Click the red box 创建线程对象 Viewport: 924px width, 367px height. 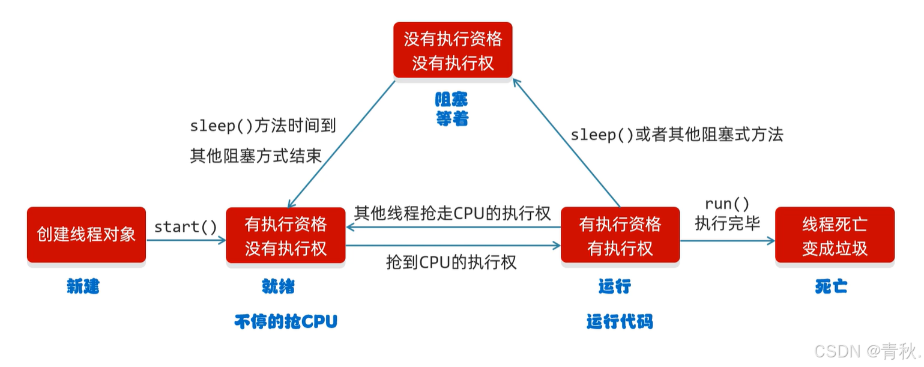(x=86, y=235)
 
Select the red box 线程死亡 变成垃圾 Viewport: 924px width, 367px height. (x=835, y=235)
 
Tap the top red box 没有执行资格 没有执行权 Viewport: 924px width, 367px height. (x=453, y=50)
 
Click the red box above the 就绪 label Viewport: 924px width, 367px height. (x=286, y=235)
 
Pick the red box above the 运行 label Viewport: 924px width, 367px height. (x=620, y=235)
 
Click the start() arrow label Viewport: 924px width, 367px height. (x=186, y=226)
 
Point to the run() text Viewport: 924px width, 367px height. (x=727, y=204)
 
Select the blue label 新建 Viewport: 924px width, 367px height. (x=83, y=287)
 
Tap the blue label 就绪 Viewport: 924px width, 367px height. (x=279, y=287)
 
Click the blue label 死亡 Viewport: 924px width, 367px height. (x=831, y=287)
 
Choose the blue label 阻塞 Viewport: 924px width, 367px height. (x=451, y=99)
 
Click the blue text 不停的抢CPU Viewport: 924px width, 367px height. (x=286, y=322)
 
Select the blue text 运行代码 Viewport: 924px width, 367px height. (x=620, y=322)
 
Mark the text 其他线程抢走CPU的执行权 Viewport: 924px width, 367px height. (x=452, y=213)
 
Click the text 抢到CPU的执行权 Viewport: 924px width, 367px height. (x=451, y=262)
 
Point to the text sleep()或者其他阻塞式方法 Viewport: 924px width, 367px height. (x=677, y=135)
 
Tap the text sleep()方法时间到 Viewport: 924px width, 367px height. (x=262, y=126)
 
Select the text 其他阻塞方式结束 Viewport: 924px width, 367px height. (x=256, y=156)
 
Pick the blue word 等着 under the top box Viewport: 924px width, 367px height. (x=451, y=119)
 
